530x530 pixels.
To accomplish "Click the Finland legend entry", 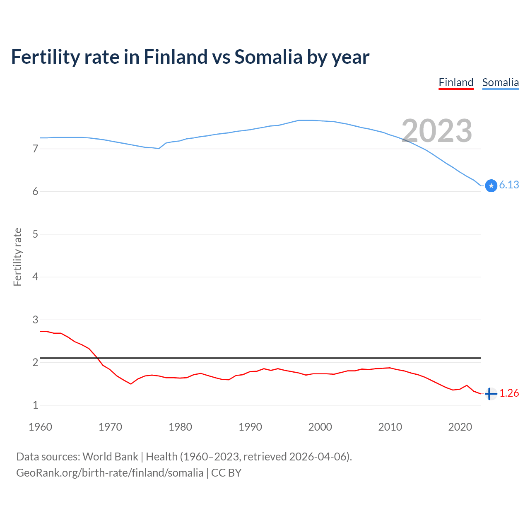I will tap(456, 82).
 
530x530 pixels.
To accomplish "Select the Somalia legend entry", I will tap(500, 82).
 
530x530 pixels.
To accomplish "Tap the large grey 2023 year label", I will tap(437, 131).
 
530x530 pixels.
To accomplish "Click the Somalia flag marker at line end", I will tap(491, 186).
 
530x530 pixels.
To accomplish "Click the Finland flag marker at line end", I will tap(491, 394).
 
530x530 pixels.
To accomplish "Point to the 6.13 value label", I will tap(509, 185).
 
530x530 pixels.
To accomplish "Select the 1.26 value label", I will tap(509, 393).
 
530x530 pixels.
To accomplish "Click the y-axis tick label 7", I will tap(35, 149).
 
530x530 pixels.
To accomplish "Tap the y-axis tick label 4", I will tap(35, 277).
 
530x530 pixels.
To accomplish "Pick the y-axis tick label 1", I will tap(35, 405).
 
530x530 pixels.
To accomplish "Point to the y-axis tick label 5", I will tap(35, 234).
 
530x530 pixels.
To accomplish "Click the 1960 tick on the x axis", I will tap(40, 427).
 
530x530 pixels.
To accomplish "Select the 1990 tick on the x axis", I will tap(250, 427).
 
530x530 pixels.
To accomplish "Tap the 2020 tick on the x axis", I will tap(460, 427).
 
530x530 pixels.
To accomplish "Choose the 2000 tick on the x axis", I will tap(320, 427).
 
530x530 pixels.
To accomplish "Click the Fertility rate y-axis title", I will tap(17, 257).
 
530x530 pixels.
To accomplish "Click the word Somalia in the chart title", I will tap(268, 57).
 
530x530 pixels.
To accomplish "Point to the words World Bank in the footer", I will tap(110, 457).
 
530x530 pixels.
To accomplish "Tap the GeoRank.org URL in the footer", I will tap(110, 473).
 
